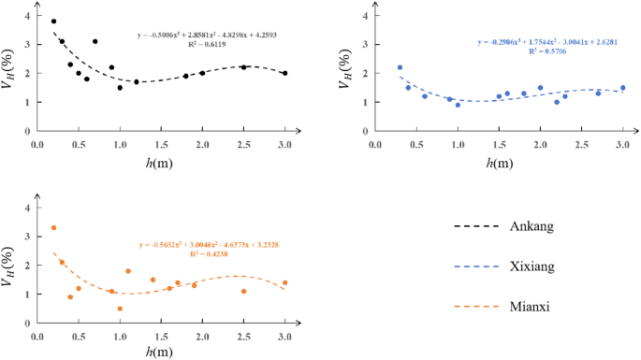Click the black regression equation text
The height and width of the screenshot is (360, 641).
[x=200, y=42]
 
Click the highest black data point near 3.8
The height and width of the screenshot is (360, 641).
[x=53, y=22]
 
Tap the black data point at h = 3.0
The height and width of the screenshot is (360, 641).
[x=284, y=73]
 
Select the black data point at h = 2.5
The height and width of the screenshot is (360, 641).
[x=243, y=67]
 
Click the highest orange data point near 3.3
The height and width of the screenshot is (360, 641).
[x=53, y=227]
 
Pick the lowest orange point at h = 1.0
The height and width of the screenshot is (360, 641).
[x=120, y=309]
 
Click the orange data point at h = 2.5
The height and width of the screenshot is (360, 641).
[x=243, y=291]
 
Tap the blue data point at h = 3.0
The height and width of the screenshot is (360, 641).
[x=622, y=88]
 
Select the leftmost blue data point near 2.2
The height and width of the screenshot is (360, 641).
[x=400, y=67]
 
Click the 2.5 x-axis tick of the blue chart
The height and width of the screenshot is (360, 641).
[x=581, y=146]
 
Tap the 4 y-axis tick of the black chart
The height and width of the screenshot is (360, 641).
[x=28, y=17]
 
